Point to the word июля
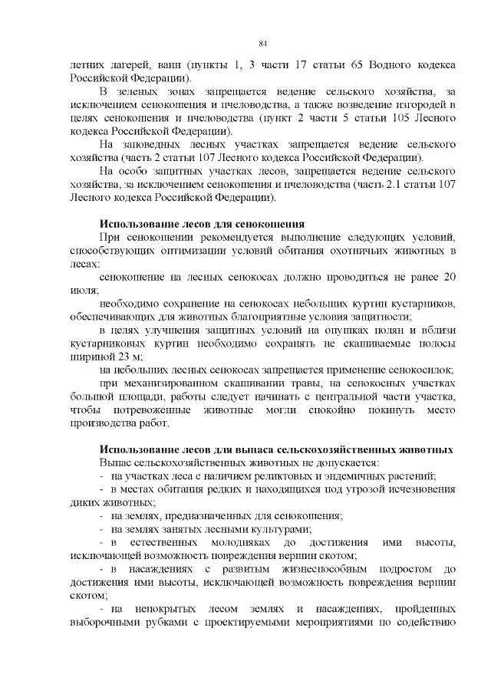click(x=83, y=291)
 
